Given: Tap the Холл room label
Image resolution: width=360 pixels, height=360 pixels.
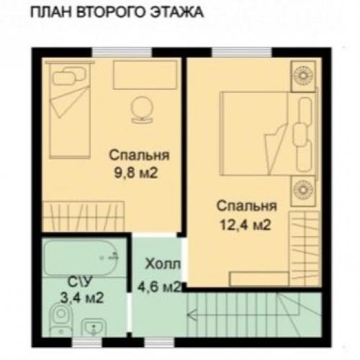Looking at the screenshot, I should (158, 264).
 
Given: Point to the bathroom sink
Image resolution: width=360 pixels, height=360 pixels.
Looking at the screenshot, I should (93, 329).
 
